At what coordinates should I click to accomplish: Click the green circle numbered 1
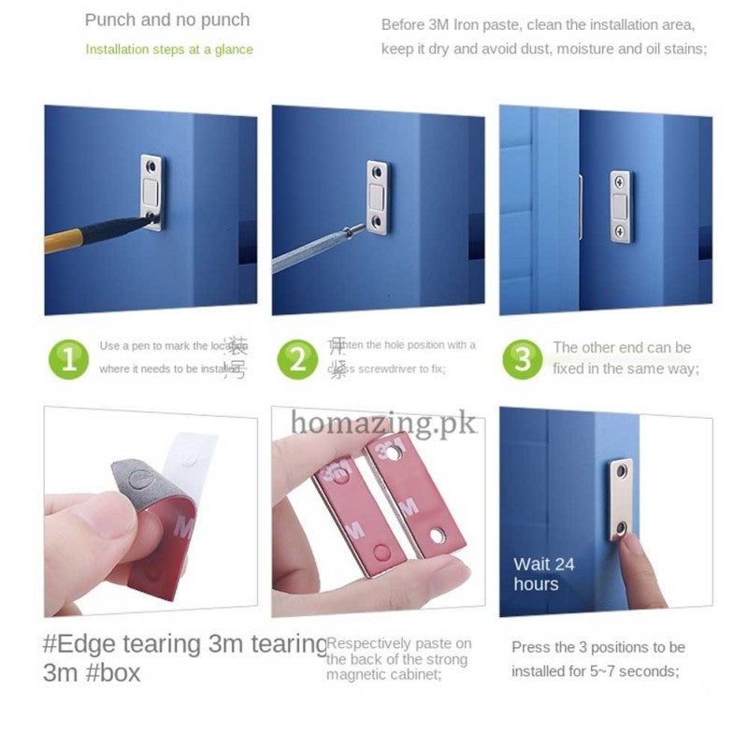pos(68,358)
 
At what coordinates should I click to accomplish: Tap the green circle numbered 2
pos(297,358)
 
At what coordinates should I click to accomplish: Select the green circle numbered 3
pos(523,359)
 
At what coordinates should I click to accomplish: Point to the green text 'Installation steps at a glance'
pos(169,49)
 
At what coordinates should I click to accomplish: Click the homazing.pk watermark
pos(383,422)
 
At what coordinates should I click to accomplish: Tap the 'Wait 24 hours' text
pos(543,574)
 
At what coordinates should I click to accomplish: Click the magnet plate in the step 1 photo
pos(151,191)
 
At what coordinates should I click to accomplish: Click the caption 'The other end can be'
pos(621,348)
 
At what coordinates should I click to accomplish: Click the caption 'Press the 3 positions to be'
pos(597,647)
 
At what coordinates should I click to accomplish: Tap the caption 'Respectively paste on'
pos(399,643)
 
